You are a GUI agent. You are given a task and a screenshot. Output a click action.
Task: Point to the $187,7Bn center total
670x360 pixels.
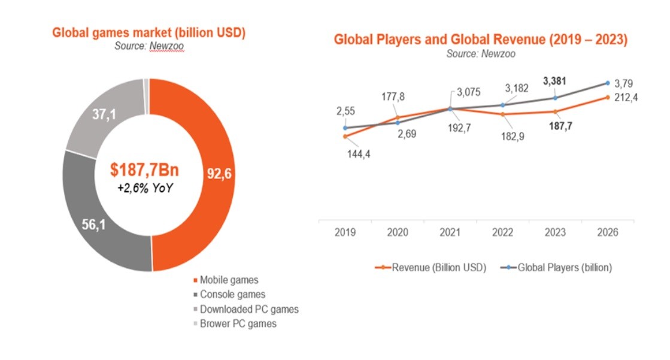145,170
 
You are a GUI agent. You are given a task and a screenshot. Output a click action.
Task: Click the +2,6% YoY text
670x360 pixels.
145,187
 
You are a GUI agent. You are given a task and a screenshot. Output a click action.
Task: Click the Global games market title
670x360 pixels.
149,33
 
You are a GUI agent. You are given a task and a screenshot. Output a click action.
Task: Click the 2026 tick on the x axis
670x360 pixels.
607,232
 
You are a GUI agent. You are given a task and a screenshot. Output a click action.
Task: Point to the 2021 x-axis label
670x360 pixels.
450,232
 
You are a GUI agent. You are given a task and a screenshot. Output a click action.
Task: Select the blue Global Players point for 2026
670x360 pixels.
608,83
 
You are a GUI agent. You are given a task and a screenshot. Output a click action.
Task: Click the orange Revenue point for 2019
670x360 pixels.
345,136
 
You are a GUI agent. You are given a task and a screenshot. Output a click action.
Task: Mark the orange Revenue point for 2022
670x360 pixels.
503,114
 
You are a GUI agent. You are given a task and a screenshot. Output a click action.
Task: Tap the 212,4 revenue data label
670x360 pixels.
626,97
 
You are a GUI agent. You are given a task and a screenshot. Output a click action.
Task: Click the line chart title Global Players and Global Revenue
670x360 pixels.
480,40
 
